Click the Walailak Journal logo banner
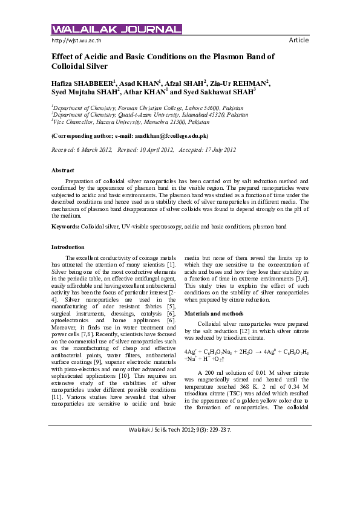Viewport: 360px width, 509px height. coord(117,29)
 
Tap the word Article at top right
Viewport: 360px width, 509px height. coord(299,41)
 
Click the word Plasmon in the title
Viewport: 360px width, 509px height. coord(231,56)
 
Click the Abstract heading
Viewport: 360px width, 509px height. coord(64,171)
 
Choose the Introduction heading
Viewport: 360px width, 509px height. coord(68,247)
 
